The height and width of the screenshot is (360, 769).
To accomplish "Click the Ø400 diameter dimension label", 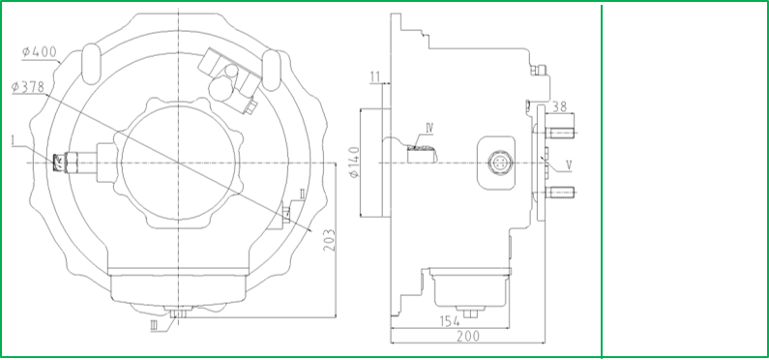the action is click(40, 52).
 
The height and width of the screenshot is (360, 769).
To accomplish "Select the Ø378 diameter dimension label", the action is click(28, 87).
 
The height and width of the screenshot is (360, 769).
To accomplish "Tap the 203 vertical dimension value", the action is click(330, 240).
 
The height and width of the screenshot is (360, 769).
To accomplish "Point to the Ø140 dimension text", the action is click(354, 162).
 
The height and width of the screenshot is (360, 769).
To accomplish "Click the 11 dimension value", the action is click(375, 77).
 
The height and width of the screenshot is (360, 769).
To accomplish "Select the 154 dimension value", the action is click(449, 321).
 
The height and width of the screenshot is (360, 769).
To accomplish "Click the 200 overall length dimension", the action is click(468, 337).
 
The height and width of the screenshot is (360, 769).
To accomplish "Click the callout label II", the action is click(302, 195).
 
